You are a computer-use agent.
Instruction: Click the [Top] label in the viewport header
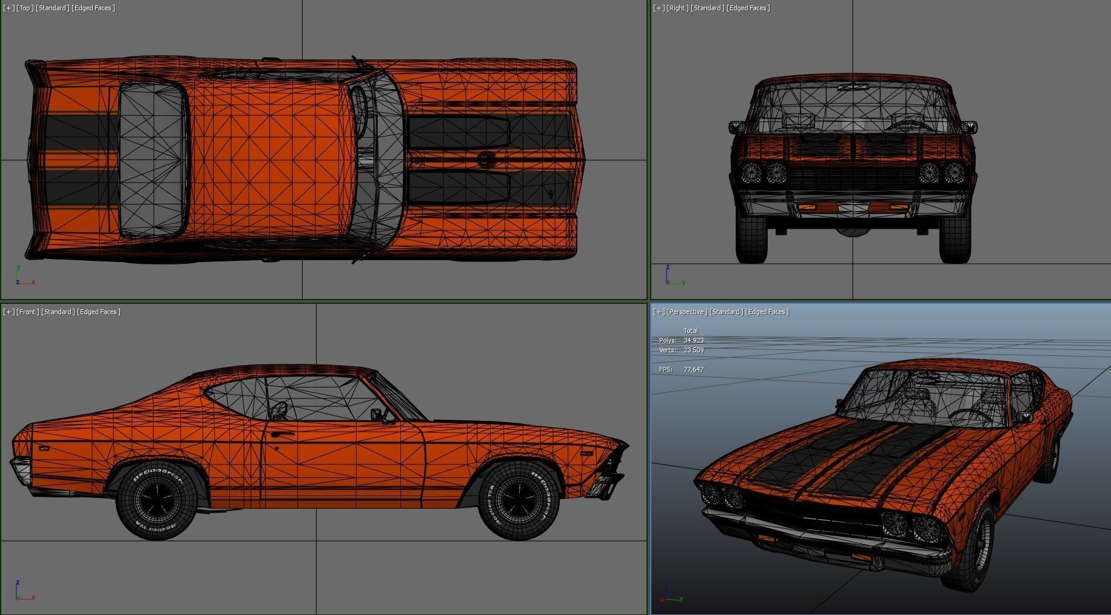[25, 8]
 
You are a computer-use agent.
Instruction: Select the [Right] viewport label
[679, 8]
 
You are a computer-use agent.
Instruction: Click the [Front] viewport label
[27, 312]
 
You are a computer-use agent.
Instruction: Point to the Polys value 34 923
[693, 340]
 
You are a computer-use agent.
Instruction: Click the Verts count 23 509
[693, 350]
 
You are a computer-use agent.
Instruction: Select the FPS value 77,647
[693, 369]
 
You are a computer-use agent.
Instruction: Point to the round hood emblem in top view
[485, 160]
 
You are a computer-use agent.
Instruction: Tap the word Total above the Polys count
[691, 331]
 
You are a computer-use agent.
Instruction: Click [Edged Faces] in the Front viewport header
[99, 312]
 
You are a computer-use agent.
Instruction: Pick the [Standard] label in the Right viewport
[707, 8]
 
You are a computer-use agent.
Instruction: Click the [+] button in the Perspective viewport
[659, 312]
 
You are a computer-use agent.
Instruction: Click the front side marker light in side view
[586, 452]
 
